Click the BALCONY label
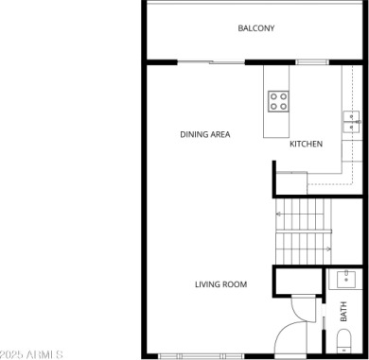coord(256,28)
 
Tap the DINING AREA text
coord(205,134)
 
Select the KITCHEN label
coord(306,144)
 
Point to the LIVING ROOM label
coord(220,284)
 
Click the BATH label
coord(343,312)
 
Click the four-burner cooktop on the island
coord(278,101)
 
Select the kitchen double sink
coord(352,122)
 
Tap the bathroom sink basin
coord(346,279)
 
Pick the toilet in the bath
coord(343,341)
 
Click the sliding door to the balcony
coord(211,62)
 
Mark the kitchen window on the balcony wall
coord(312,62)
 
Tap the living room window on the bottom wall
coord(201,356)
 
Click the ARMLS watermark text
coord(44,354)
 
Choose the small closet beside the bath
coord(297,281)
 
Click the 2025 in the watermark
coord(12,354)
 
